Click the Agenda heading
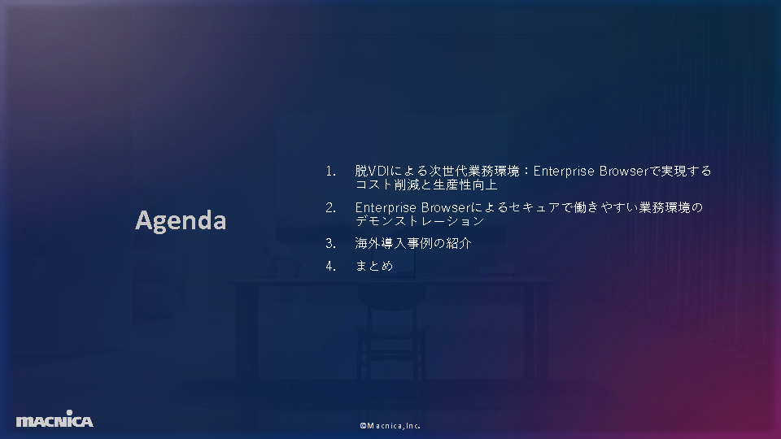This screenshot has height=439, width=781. click(x=181, y=220)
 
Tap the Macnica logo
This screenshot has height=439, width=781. click(x=55, y=419)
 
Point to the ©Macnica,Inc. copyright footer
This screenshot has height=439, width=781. click(x=390, y=425)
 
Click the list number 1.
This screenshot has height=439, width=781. click(x=330, y=172)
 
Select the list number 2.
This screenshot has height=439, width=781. click(x=330, y=208)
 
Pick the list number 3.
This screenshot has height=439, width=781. click(x=330, y=244)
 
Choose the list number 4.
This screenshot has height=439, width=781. click(x=330, y=267)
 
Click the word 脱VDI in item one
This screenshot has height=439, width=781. click(x=372, y=172)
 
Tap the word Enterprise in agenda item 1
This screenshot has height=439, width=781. click(x=564, y=172)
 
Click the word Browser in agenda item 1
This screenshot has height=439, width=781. click(x=624, y=172)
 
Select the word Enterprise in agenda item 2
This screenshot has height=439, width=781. click(x=386, y=207)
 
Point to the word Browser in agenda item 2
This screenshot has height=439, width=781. click(x=446, y=207)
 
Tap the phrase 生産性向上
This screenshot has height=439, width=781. click(x=465, y=185)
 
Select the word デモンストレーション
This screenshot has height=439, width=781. click(x=420, y=221)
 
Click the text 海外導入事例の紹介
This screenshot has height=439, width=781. click(x=413, y=243)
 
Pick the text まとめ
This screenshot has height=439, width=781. click(x=374, y=267)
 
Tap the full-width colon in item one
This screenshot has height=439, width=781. click(x=526, y=172)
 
